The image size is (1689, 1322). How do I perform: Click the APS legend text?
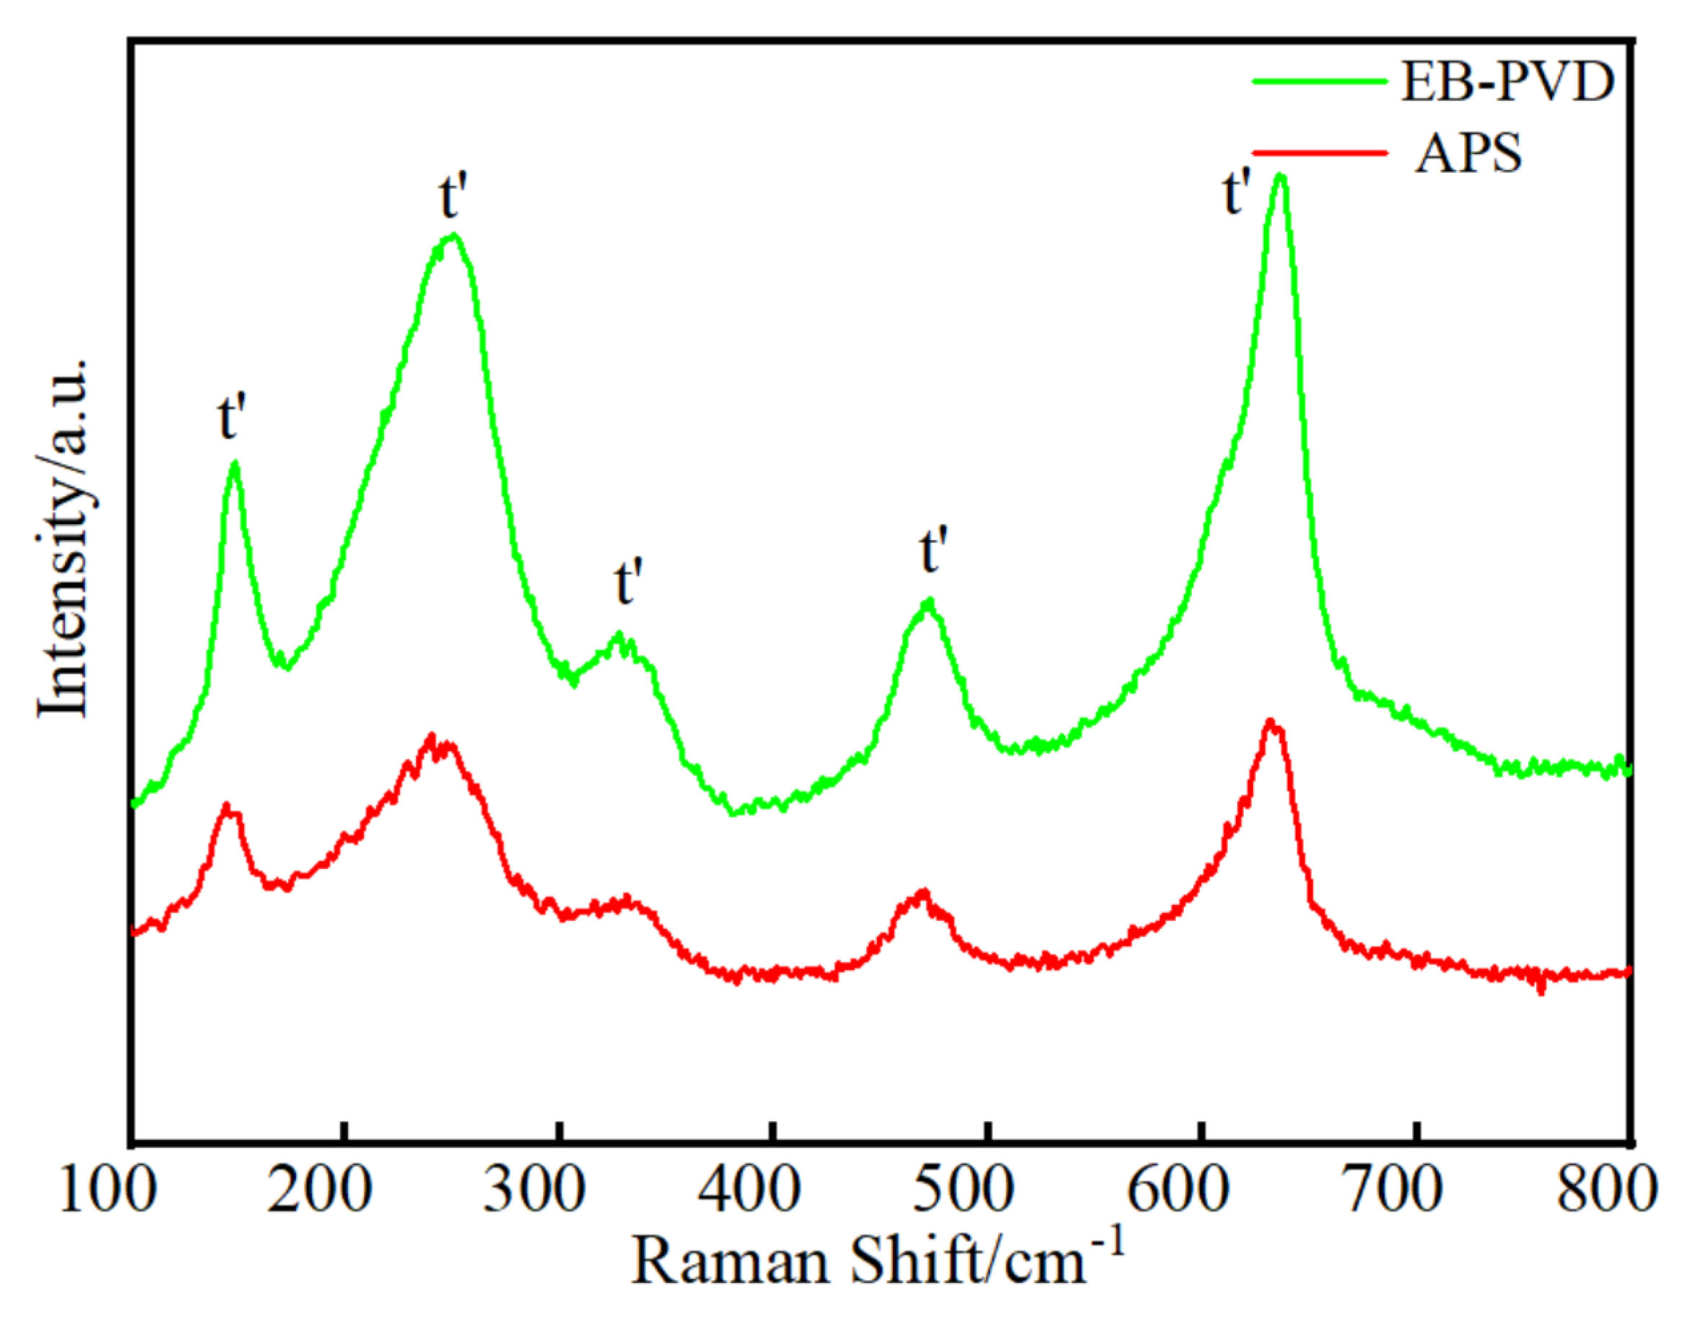[1468, 153]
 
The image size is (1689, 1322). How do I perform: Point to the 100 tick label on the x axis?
[107, 1190]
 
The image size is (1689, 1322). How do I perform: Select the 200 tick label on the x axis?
[319, 1190]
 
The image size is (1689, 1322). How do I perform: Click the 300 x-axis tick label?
[535, 1190]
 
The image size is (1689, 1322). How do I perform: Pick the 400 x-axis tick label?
[749, 1190]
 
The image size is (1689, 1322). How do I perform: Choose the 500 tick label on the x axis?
[963, 1190]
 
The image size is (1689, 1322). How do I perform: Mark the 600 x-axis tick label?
[1178, 1190]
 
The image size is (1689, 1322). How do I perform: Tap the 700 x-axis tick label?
[1391, 1190]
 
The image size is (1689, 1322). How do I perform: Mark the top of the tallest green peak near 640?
[1280, 176]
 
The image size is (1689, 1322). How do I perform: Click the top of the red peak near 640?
[1270, 722]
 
